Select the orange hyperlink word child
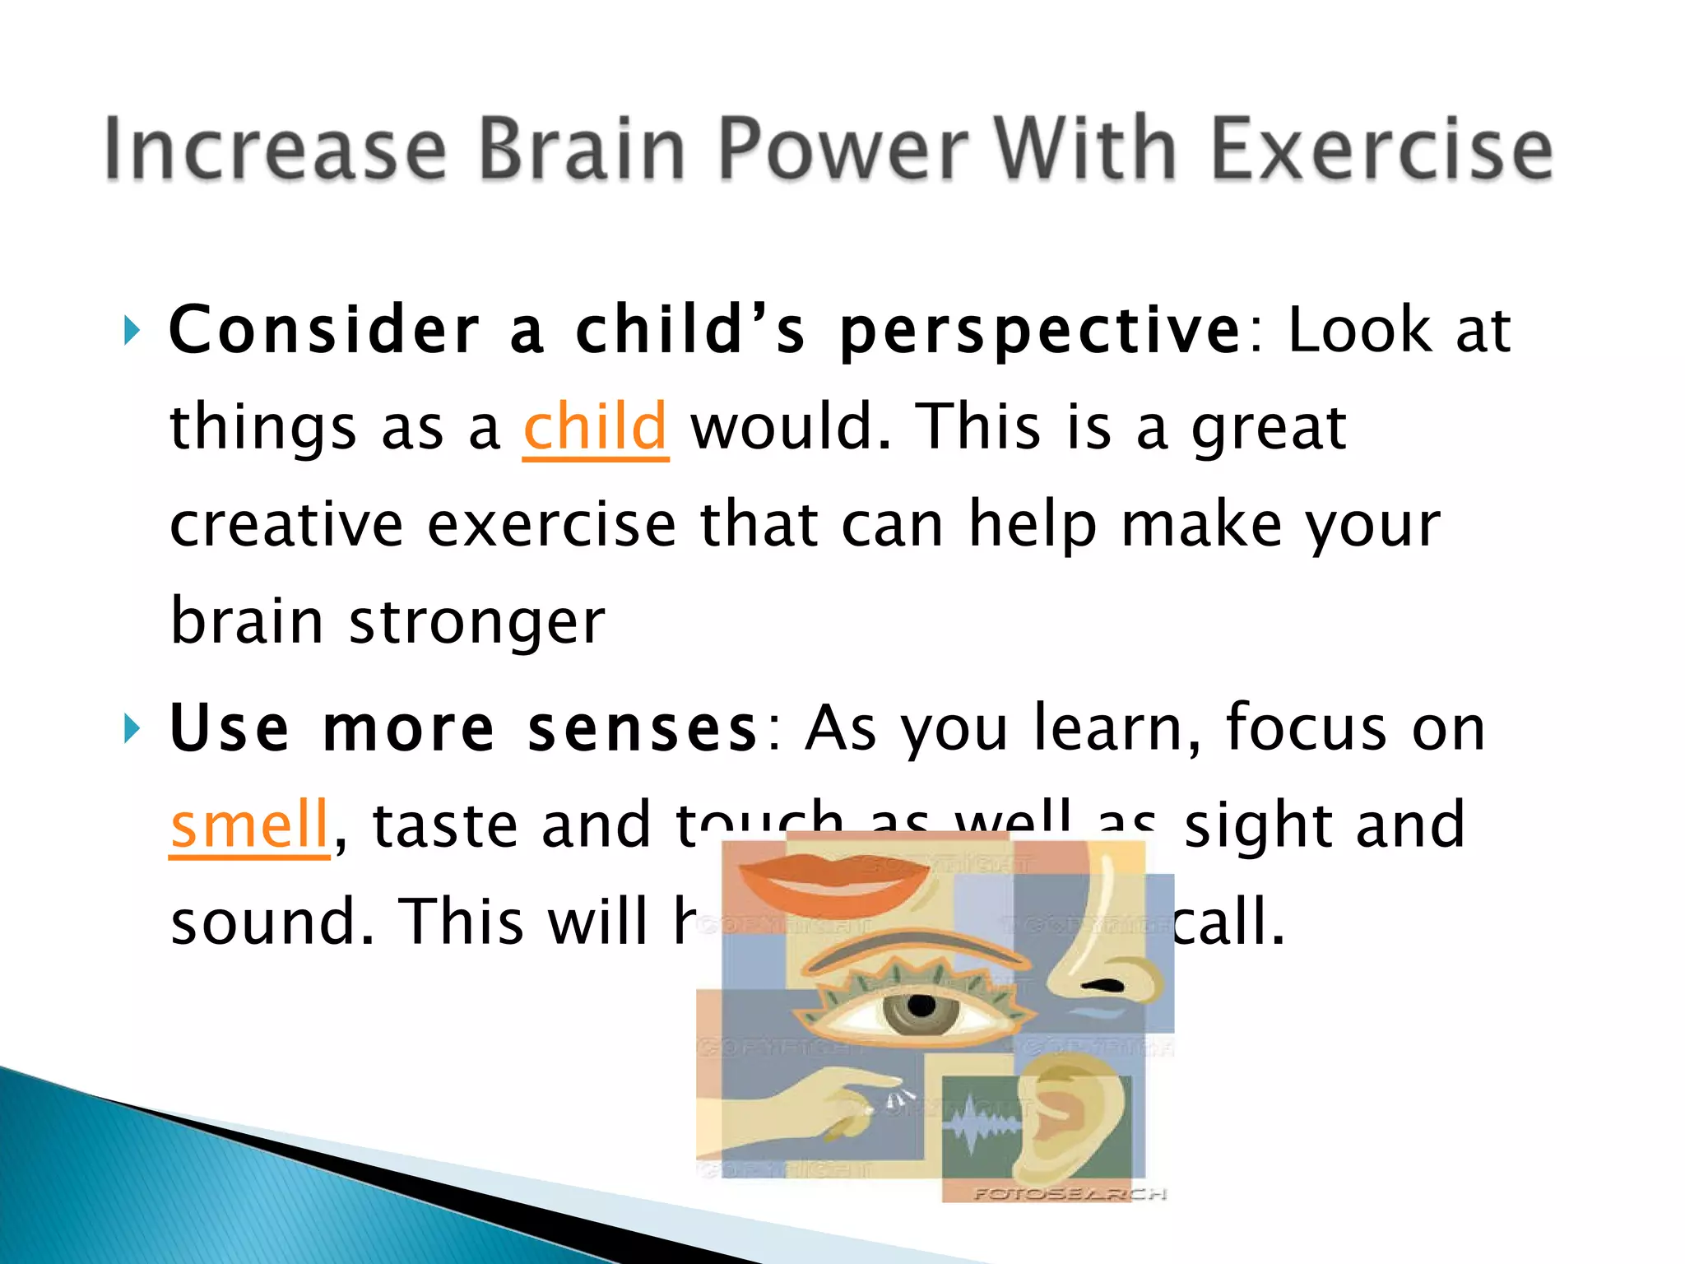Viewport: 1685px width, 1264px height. pos(595,428)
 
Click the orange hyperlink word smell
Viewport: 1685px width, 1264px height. pos(249,825)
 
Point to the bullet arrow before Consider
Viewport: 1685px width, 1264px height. pos(131,332)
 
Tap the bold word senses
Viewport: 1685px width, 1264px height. pos(642,729)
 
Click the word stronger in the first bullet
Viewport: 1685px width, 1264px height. pos(477,622)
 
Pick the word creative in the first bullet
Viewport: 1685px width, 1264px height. pos(286,525)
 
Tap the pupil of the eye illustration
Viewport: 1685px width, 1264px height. pos(922,1006)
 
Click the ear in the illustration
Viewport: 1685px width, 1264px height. pos(1061,1119)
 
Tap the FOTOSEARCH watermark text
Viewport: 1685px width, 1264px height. pos(1070,1193)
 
